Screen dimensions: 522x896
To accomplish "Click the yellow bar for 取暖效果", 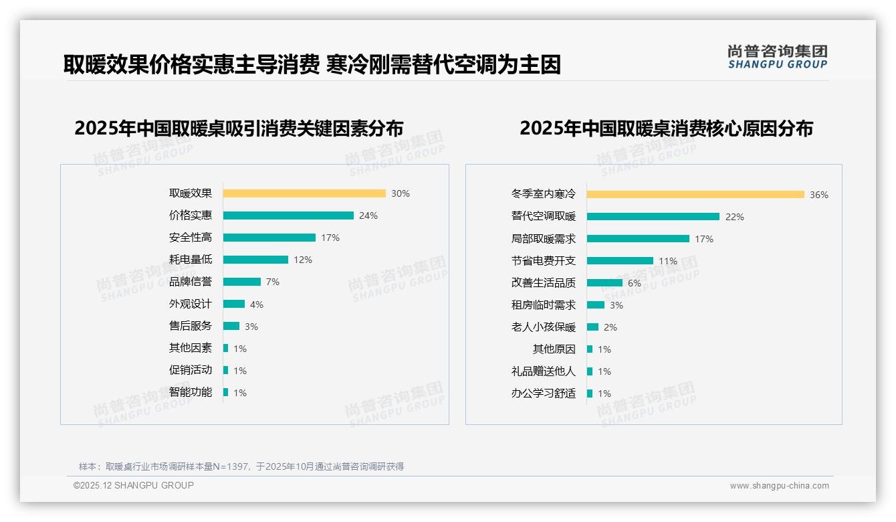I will click(x=304, y=193).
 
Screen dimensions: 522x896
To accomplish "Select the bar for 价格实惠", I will click(x=288, y=215).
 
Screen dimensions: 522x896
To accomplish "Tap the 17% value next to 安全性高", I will click(x=330, y=238).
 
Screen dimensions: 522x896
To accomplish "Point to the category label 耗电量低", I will click(x=191, y=260).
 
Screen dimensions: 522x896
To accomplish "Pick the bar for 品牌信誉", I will click(x=242, y=282).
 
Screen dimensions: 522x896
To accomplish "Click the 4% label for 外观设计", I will click(x=257, y=304).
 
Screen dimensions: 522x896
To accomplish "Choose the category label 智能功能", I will click(x=191, y=392).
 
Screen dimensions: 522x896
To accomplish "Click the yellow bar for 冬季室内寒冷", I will click(x=695, y=195).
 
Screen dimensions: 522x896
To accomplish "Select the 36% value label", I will click(x=819, y=195).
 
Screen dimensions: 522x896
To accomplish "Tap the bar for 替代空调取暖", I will click(x=653, y=217).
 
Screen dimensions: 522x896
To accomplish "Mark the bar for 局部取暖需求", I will click(x=638, y=239).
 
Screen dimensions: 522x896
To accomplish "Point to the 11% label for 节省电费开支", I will click(x=668, y=261).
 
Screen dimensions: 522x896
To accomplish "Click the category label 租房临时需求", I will click(x=544, y=305).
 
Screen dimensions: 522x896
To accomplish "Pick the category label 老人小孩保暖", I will click(x=544, y=327).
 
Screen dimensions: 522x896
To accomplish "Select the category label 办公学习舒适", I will click(x=544, y=394).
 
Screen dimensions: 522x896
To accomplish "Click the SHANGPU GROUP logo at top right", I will click(x=778, y=57).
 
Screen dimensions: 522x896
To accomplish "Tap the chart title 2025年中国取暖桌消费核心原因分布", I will click(x=666, y=128).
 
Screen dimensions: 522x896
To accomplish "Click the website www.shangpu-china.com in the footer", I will click(x=779, y=486).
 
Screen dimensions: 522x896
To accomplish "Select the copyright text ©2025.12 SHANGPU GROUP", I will click(x=134, y=485).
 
